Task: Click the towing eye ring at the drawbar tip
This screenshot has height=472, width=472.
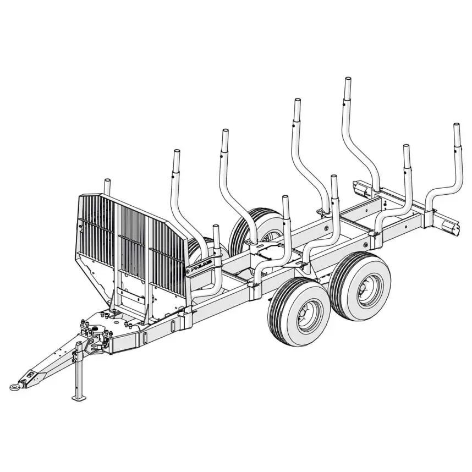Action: tap(15, 387)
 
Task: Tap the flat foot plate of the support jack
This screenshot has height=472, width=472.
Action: tap(78, 397)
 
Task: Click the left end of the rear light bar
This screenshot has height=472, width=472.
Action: tap(364, 189)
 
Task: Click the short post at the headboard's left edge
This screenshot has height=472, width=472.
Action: tap(107, 186)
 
